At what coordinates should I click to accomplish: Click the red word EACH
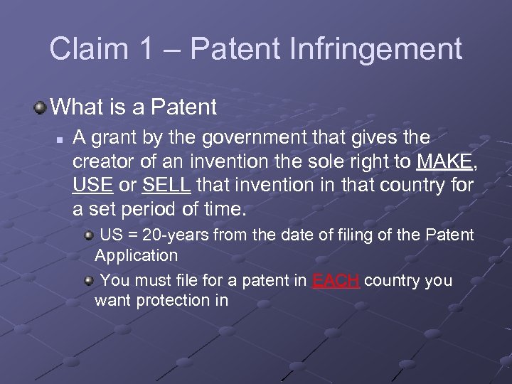pos(338,280)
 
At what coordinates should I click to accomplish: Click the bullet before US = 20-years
pos(88,235)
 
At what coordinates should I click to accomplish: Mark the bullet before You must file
pos(88,281)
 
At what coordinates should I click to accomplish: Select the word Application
pos(136,254)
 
